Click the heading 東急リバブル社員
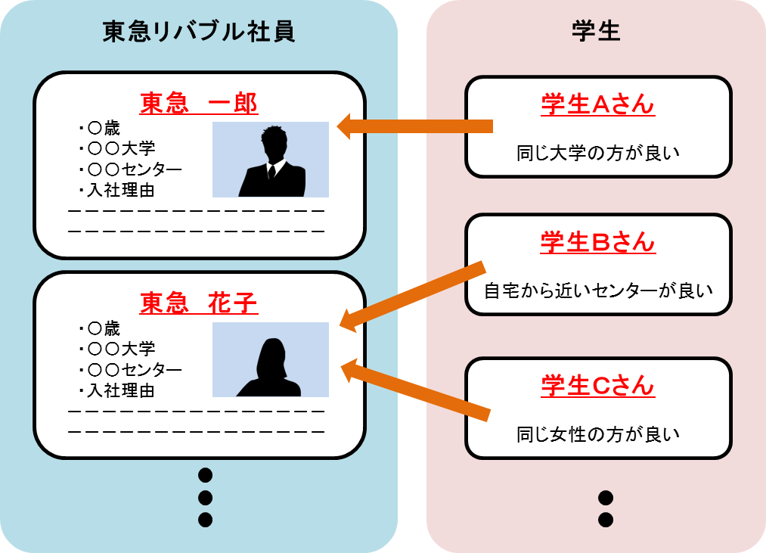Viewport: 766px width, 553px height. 198,32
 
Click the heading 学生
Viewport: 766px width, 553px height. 597,32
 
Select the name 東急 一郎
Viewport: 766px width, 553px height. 199,104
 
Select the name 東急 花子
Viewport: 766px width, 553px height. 199,304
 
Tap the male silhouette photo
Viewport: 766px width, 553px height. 271,160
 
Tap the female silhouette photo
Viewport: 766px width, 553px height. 271,360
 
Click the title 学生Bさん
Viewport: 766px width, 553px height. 597,243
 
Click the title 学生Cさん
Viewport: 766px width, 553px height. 597,387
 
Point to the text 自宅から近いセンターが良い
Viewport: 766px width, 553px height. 598,290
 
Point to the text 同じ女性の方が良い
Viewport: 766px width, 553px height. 597,434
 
